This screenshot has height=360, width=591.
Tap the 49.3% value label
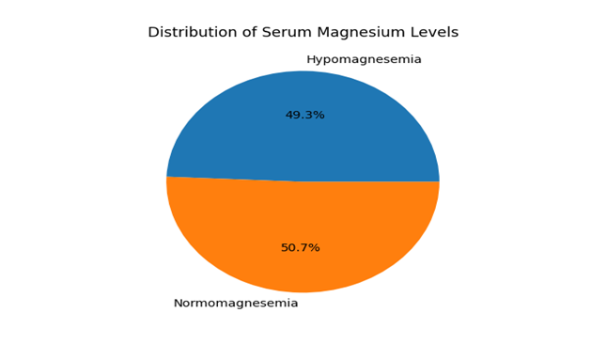(x=304, y=115)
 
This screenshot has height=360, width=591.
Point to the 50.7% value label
(x=301, y=247)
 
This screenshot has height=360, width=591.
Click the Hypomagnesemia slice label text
(x=364, y=59)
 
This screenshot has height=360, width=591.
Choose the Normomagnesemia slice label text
(x=236, y=303)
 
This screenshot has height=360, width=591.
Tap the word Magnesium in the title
(x=361, y=32)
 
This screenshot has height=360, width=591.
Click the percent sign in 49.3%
(x=319, y=115)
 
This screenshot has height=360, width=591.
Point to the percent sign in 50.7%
(x=315, y=247)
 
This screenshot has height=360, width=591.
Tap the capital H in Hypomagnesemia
(x=311, y=59)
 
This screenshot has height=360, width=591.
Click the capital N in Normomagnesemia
(x=179, y=303)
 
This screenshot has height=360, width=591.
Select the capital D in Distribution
(x=153, y=32)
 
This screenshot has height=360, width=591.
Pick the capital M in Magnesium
(x=323, y=32)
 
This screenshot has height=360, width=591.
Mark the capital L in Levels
(x=413, y=32)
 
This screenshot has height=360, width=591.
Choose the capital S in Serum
(x=267, y=32)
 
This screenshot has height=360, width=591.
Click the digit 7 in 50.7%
(x=304, y=247)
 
